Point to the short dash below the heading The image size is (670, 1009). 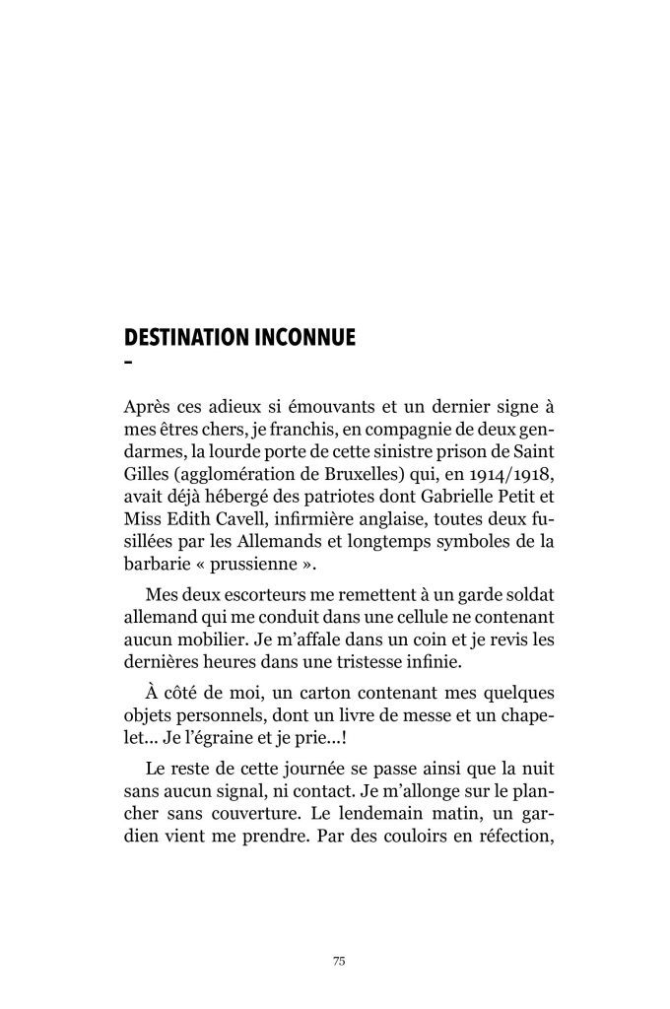point(128,365)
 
